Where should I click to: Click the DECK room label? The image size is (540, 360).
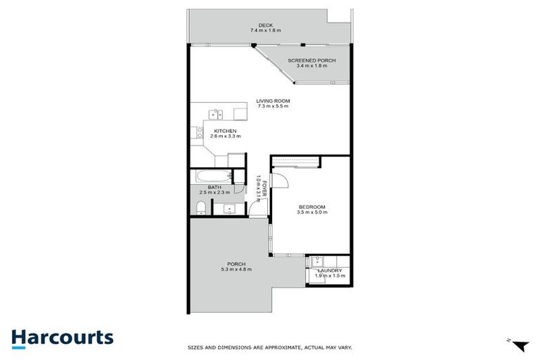(x=265, y=25)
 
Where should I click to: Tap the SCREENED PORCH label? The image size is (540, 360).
(x=311, y=61)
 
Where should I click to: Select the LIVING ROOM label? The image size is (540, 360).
(x=273, y=101)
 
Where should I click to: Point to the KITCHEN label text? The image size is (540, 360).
(x=224, y=131)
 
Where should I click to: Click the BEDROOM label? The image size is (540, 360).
(x=311, y=207)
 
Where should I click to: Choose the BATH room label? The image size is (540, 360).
(x=214, y=187)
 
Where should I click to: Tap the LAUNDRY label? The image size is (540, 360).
(x=329, y=271)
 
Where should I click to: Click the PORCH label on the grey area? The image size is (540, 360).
(x=236, y=264)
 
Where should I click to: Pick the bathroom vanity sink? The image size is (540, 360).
(x=229, y=208)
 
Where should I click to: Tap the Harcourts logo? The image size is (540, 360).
(x=62, y=337)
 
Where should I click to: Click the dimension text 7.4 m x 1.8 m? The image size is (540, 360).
(x=265, y=31)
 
